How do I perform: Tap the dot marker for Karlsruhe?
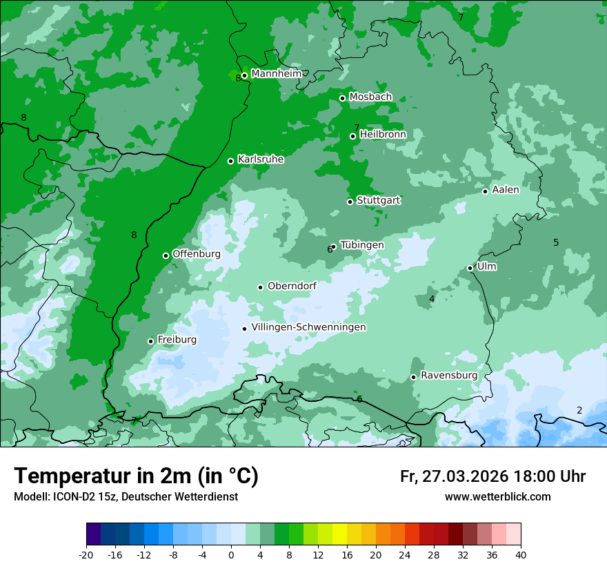231,161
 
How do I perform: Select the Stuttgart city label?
378,200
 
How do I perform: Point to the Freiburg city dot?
150,341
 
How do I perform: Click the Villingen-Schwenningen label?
308,327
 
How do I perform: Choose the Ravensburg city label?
448,376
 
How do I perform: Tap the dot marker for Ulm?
470,268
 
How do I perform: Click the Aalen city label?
506,189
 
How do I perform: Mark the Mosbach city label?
370,97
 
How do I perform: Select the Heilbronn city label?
383,134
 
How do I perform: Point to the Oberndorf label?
292,286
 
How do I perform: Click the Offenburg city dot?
166,255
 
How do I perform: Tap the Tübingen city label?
361,245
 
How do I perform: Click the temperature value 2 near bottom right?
579,410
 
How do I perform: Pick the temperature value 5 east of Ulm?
556,242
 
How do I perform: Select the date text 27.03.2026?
464,476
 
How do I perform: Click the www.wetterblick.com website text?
497,497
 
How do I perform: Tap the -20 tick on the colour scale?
86,554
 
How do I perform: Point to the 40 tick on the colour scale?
521,554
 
